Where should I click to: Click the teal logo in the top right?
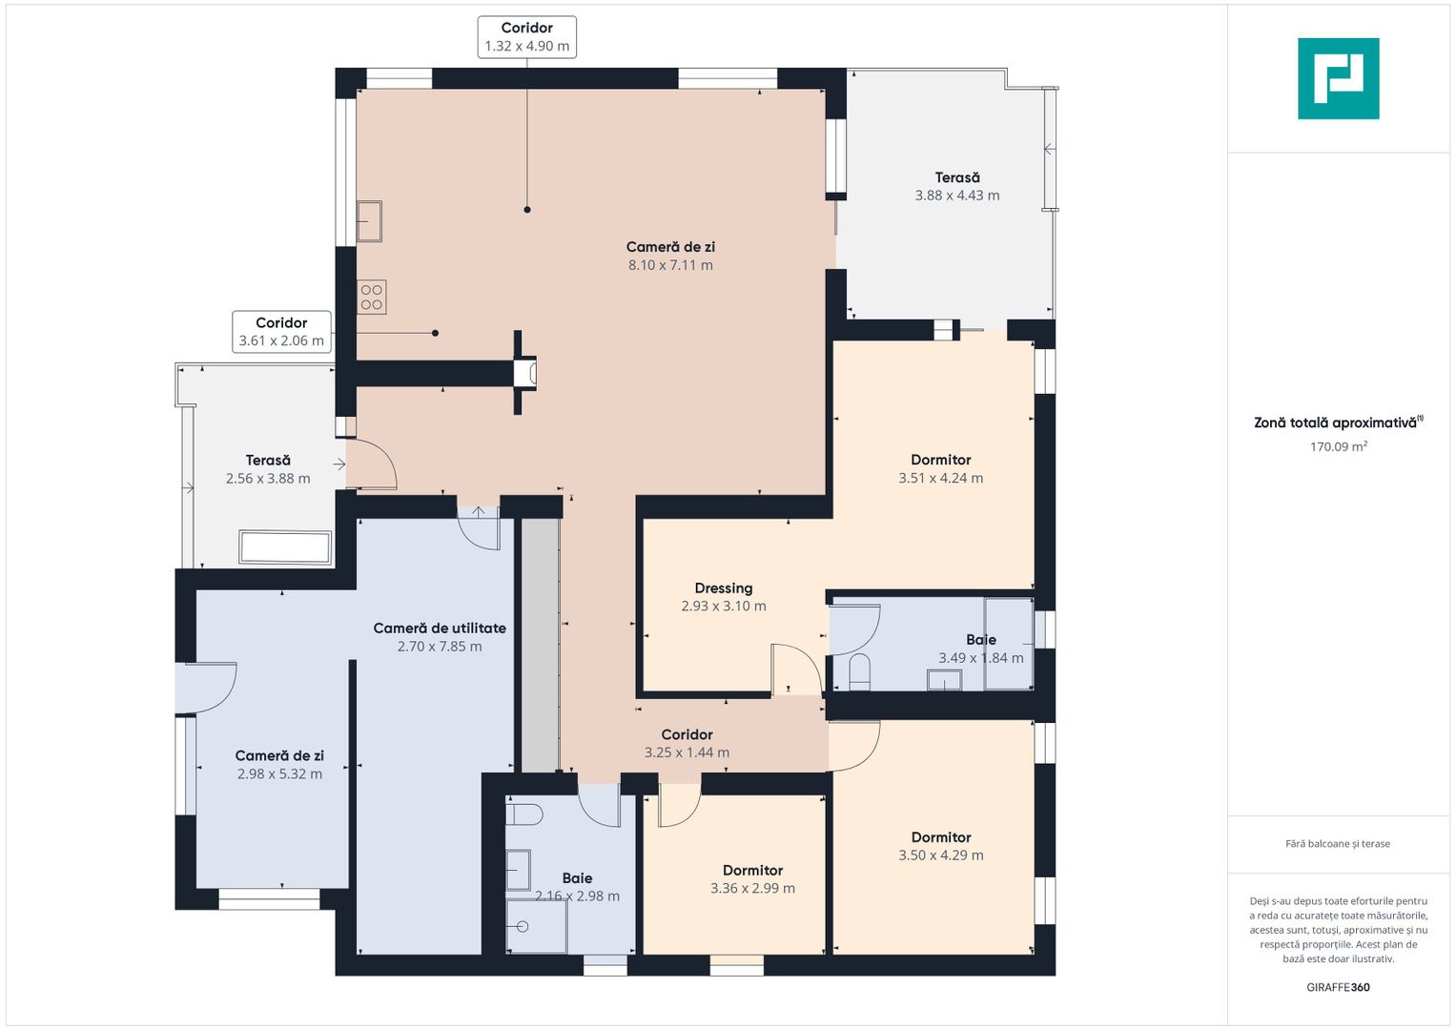pyautogui.click(x=1339, y=78)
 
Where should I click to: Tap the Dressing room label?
pyautogui.click(x=724, y=597)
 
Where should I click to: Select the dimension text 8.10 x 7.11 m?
pyautogui.click(x=670, y=265)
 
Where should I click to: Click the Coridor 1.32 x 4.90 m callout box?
pyautogui.click(x=527, y=37)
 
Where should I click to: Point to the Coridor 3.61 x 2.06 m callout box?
pyautogui.click(x=281, y=332)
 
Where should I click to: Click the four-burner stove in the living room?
pyautogui.click(x=371, y=298)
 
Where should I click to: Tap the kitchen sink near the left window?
pyautogui.click(x=369, y=221)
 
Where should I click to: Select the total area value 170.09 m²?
pyautogui.click(x=1339, y=446)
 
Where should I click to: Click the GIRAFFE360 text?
pyautogui.click(x=1339, y=987)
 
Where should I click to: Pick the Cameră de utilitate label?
pyautogui.click(x=440, y=637)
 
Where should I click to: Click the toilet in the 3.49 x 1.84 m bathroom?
pyautogui.click(x=859, y=672)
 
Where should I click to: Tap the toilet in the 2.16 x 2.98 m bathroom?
pyautogui.click(x=523, y=814)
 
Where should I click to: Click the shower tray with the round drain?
pyautogui.click(x=537, y=926)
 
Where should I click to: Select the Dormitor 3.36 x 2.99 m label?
pyautogui.click(x=752, y=879)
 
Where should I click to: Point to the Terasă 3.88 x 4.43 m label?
pyautogui.click(x=957, y=187)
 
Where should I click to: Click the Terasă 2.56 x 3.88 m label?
pyautogui.click(x=268, y=469)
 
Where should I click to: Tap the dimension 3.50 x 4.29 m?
pyautogui.click(x=941, y=855)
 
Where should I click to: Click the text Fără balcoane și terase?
pyautogui.click(x=1338, y=844)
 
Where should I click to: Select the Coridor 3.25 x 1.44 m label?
pyautogui.click(x=687, y=743)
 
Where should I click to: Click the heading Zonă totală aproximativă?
pyautogui.click(x=1339, y=422)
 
